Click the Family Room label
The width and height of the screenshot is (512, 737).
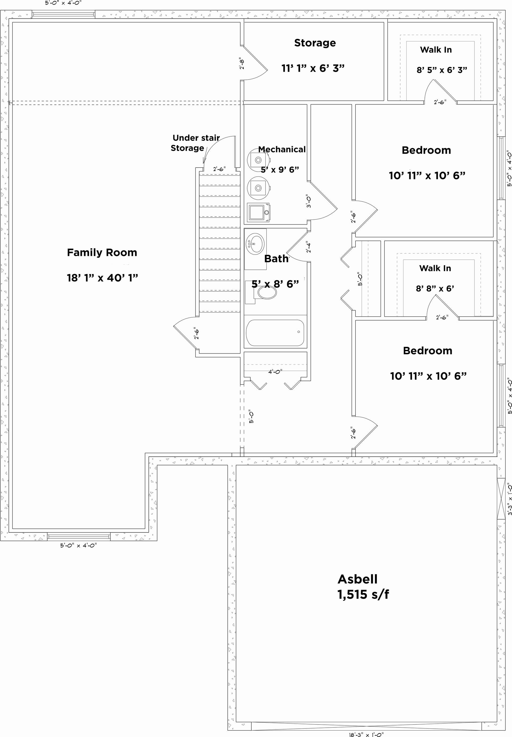[102, 253]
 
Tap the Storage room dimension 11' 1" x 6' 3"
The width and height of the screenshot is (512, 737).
[313, 68]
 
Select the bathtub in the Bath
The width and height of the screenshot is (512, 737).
[275, 332]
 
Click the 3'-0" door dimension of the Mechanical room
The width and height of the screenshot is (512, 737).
[309, 201]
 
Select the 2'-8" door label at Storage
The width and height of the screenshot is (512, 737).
[242, 63]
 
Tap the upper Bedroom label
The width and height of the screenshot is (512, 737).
[426, 150]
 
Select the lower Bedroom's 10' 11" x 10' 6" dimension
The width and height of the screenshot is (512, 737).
[428, 376]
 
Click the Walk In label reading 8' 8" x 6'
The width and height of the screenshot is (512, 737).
[435, 288]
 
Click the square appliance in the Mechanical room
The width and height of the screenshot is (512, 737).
[258, 212]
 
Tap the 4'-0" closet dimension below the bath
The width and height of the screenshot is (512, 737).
[275, 372]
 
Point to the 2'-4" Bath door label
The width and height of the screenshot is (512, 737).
[309, 247]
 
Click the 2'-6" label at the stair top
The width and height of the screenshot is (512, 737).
[219, 169]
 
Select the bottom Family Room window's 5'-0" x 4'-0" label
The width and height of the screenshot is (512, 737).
[78, 545]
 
